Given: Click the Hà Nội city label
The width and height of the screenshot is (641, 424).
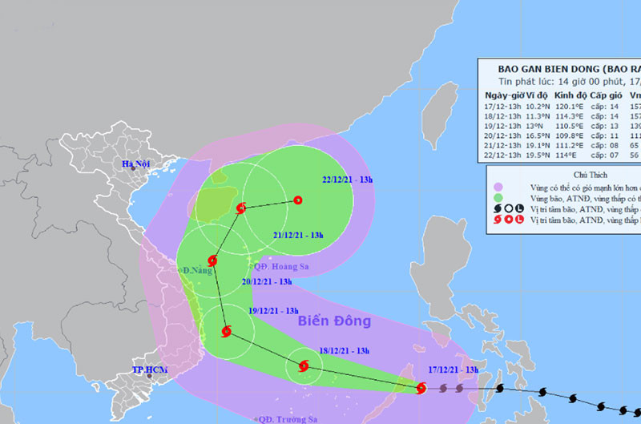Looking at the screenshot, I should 136,165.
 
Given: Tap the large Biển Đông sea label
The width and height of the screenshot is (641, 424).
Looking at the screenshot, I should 335,321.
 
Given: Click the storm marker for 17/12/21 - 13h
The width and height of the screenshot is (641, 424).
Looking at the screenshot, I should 421,389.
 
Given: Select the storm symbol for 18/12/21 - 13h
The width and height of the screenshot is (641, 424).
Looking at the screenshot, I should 303,366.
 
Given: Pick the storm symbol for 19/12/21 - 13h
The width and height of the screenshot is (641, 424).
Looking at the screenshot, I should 226,330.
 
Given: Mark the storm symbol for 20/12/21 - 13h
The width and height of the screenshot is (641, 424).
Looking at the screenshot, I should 212,260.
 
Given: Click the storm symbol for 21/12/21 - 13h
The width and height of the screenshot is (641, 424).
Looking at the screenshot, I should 241,208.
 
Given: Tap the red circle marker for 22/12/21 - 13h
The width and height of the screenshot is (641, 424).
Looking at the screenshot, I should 297,200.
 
